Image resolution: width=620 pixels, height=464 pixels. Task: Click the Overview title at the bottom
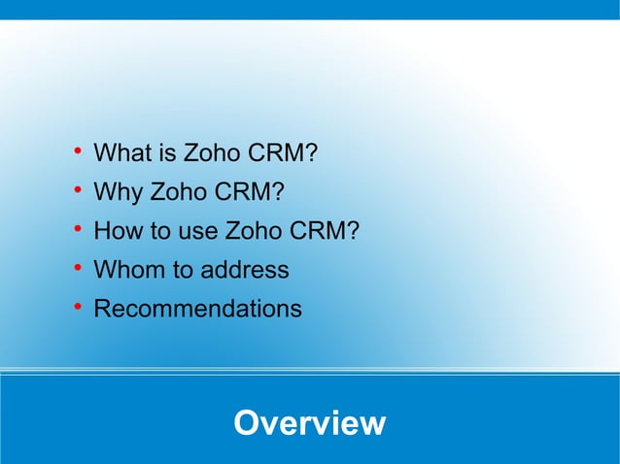coord(310,423)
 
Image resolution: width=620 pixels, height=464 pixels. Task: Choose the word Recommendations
coord(197,309)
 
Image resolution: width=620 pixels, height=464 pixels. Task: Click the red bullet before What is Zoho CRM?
coord(76,151)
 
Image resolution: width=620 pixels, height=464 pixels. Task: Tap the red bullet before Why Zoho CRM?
coord(76,190)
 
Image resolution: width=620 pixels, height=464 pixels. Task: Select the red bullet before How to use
coord(76,229)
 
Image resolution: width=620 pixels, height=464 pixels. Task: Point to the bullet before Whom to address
coord(76,268)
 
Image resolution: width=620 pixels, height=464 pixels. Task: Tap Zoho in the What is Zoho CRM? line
coord(213,153)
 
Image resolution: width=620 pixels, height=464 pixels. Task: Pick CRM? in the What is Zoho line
coord(284,153)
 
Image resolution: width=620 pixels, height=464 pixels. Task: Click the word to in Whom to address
coord(183,270)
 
